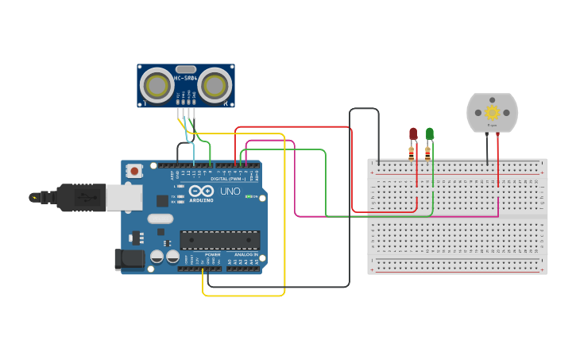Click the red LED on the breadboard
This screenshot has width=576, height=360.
[x=413, y=134]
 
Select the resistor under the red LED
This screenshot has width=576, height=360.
[x=412, y=152]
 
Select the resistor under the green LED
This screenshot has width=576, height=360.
[x=428, y=152]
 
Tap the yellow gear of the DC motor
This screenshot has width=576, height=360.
[x=492, y=113]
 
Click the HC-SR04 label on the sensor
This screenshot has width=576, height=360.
[x=186, y=78]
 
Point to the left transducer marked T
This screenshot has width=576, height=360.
[x=156, y=84]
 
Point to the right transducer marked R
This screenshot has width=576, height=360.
[x=215, y=84]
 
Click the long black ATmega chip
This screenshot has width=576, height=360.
[x=220, y=239]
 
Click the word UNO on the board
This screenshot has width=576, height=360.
[x=230, y=192]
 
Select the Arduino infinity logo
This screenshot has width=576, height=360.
[x=201, y=192]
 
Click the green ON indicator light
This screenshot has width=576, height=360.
[x=249, y=195]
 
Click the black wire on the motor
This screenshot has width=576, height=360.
[x=487, y=147]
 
